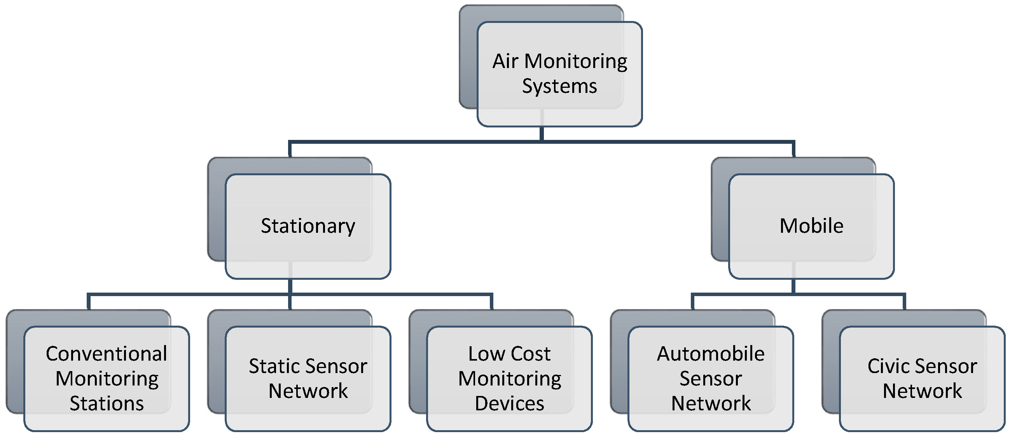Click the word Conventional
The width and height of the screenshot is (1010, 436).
point(106,354)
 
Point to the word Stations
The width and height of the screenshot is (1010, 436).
point(107,403)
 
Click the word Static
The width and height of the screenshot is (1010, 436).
point(273,366)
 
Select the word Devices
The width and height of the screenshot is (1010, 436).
point(509,403)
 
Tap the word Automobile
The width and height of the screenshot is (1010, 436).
point(710,354)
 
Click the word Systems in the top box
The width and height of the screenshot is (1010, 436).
point(559,86)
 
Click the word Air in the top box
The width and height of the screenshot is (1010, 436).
point(505,61)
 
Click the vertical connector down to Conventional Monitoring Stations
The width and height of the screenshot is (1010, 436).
point(89,302)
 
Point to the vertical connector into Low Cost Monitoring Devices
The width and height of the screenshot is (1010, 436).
point(491,302)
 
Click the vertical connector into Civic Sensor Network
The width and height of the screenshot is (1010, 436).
point(904,302)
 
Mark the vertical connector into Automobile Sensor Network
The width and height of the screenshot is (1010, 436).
point(693,302)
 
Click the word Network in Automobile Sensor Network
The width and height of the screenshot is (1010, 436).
point(710,403)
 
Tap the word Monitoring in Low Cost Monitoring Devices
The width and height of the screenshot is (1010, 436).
point(509,379)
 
